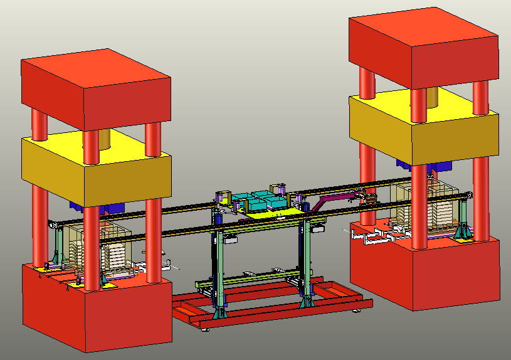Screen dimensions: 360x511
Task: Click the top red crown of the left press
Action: (94, 88)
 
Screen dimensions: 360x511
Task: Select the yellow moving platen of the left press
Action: (94, 166)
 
